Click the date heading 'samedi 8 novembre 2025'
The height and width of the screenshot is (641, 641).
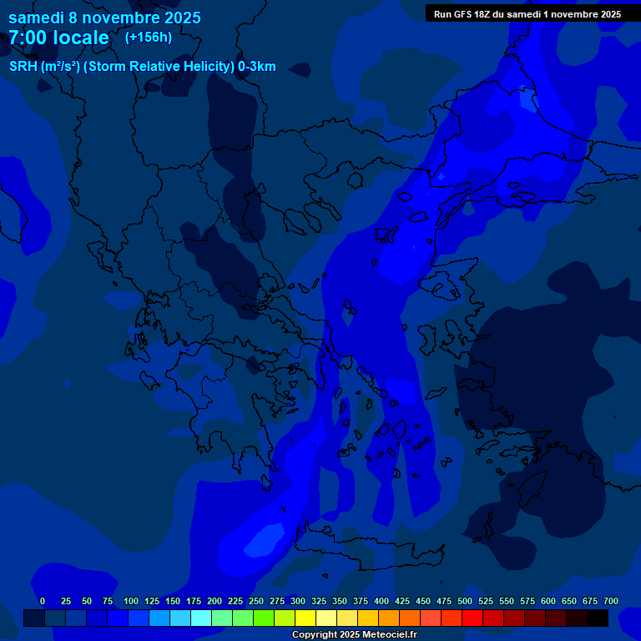(104, 18)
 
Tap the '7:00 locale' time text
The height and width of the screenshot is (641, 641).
(58, 38)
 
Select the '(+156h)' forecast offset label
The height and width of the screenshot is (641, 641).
(148, 37)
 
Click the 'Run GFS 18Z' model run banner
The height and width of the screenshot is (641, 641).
(527, 13)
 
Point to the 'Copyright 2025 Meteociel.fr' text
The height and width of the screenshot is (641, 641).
(355, 634)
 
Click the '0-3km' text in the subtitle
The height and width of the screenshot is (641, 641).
(256, 67)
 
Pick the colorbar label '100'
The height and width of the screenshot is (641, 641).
(131, 601)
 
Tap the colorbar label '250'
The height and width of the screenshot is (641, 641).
(256, 601)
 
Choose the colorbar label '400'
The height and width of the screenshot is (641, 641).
(381, 601)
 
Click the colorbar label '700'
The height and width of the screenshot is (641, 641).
(611, 601)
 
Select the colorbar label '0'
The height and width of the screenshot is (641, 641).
(43, 601)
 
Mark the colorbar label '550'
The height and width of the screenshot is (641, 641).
(507, 601)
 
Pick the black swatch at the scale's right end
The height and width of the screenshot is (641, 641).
(598, 618)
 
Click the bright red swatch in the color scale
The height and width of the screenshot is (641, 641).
(472, 618)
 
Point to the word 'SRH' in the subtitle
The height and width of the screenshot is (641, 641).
(23, 67)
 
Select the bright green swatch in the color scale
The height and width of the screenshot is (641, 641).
(264, 618)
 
